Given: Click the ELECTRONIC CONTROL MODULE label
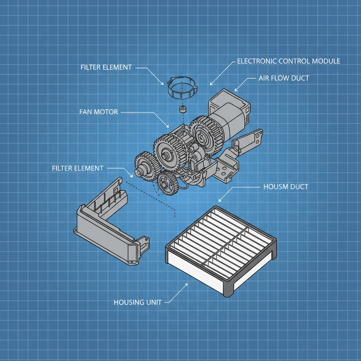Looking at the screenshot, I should (288, 61).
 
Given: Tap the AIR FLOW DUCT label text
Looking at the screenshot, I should (284, 78).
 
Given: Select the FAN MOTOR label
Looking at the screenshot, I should (99, 112).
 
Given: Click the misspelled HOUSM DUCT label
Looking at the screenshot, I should (286, 186).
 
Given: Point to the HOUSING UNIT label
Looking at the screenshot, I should (137, 302).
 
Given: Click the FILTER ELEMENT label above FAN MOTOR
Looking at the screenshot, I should (106, 67).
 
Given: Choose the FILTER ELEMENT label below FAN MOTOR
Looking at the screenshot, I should (78, 168).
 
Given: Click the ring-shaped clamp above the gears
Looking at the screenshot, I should (182, 90).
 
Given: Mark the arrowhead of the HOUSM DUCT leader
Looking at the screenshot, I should (220, 201).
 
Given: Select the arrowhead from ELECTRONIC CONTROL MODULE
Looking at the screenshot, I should (210, 85).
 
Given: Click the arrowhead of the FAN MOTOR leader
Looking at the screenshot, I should (169, 127).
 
